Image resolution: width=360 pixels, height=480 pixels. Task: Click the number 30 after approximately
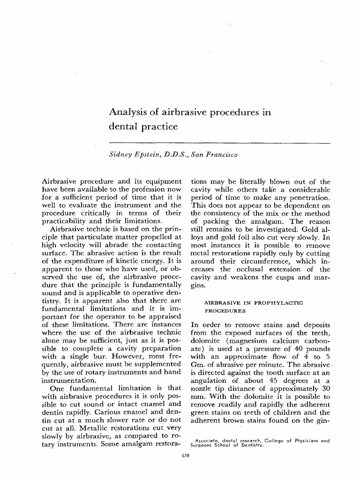(x=326, y=389)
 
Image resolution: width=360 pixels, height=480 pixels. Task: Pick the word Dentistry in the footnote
(x=252, y=445)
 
